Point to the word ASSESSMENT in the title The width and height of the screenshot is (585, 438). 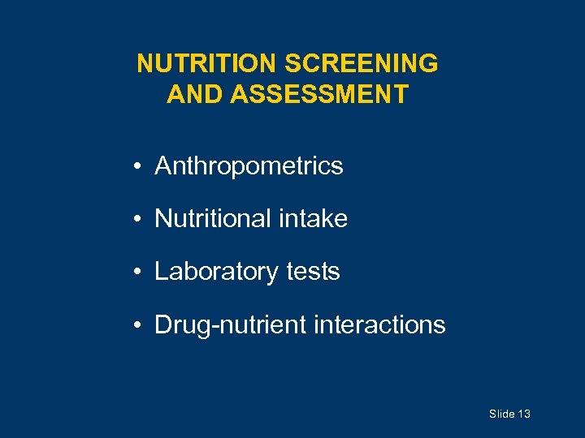[319, 94]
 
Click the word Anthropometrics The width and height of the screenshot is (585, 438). [249, 166]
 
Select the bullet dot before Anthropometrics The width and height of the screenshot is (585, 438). [141, 167]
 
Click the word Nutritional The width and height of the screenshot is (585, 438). [215, 219]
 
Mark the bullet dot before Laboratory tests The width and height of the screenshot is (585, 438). [141, 273]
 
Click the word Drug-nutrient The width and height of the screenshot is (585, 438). [230, 324]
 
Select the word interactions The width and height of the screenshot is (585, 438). [379, 324]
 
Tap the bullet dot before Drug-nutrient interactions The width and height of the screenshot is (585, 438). [141, 325]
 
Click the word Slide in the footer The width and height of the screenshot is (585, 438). [501, 414]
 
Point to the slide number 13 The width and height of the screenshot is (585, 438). [523, 414]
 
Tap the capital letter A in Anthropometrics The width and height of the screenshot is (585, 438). [162, 166]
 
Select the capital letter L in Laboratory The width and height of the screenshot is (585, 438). [161, 272]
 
